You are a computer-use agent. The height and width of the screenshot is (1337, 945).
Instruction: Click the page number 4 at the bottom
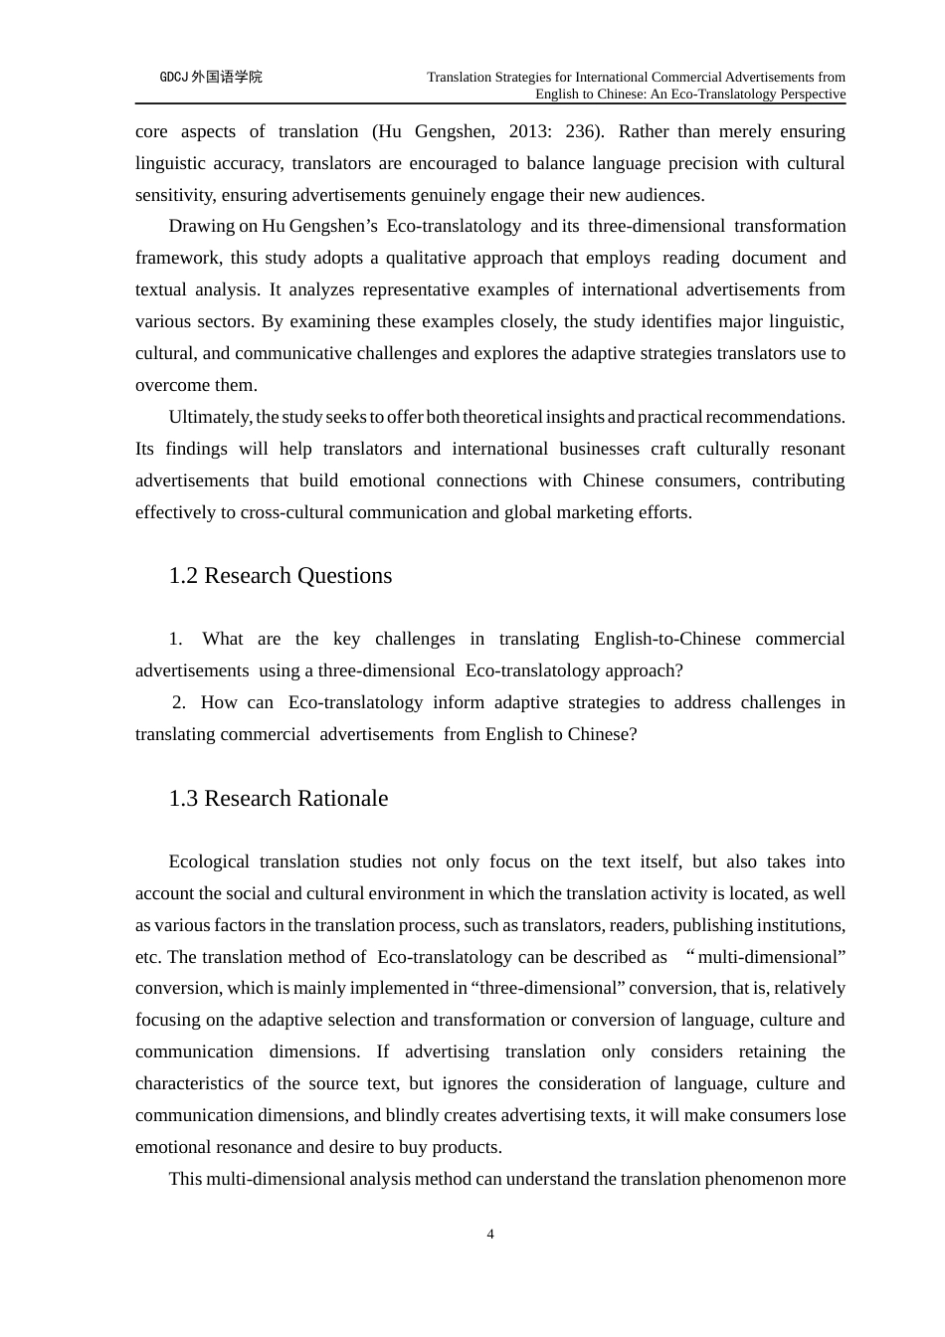[x=490, y=1235]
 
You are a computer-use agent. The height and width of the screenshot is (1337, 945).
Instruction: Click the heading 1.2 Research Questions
[x=281, y=576]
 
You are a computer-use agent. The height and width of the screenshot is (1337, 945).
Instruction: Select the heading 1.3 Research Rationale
[x=279, y=799]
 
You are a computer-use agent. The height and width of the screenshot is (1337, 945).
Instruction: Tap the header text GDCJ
[x=174, y=78]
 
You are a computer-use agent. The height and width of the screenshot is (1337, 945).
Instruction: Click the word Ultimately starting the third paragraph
[x=210, y=417]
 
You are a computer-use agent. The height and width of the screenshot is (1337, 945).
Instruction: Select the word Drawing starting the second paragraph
[x=202, y=226]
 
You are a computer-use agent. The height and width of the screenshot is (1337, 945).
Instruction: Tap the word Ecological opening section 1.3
[x=208, y=861]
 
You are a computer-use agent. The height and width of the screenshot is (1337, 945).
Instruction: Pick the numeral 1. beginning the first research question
[x=176, y=639]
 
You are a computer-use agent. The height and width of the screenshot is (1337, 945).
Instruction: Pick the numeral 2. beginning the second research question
[x=179, y=702]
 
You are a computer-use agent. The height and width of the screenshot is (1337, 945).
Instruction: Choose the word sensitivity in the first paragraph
[x=173, y=195]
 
